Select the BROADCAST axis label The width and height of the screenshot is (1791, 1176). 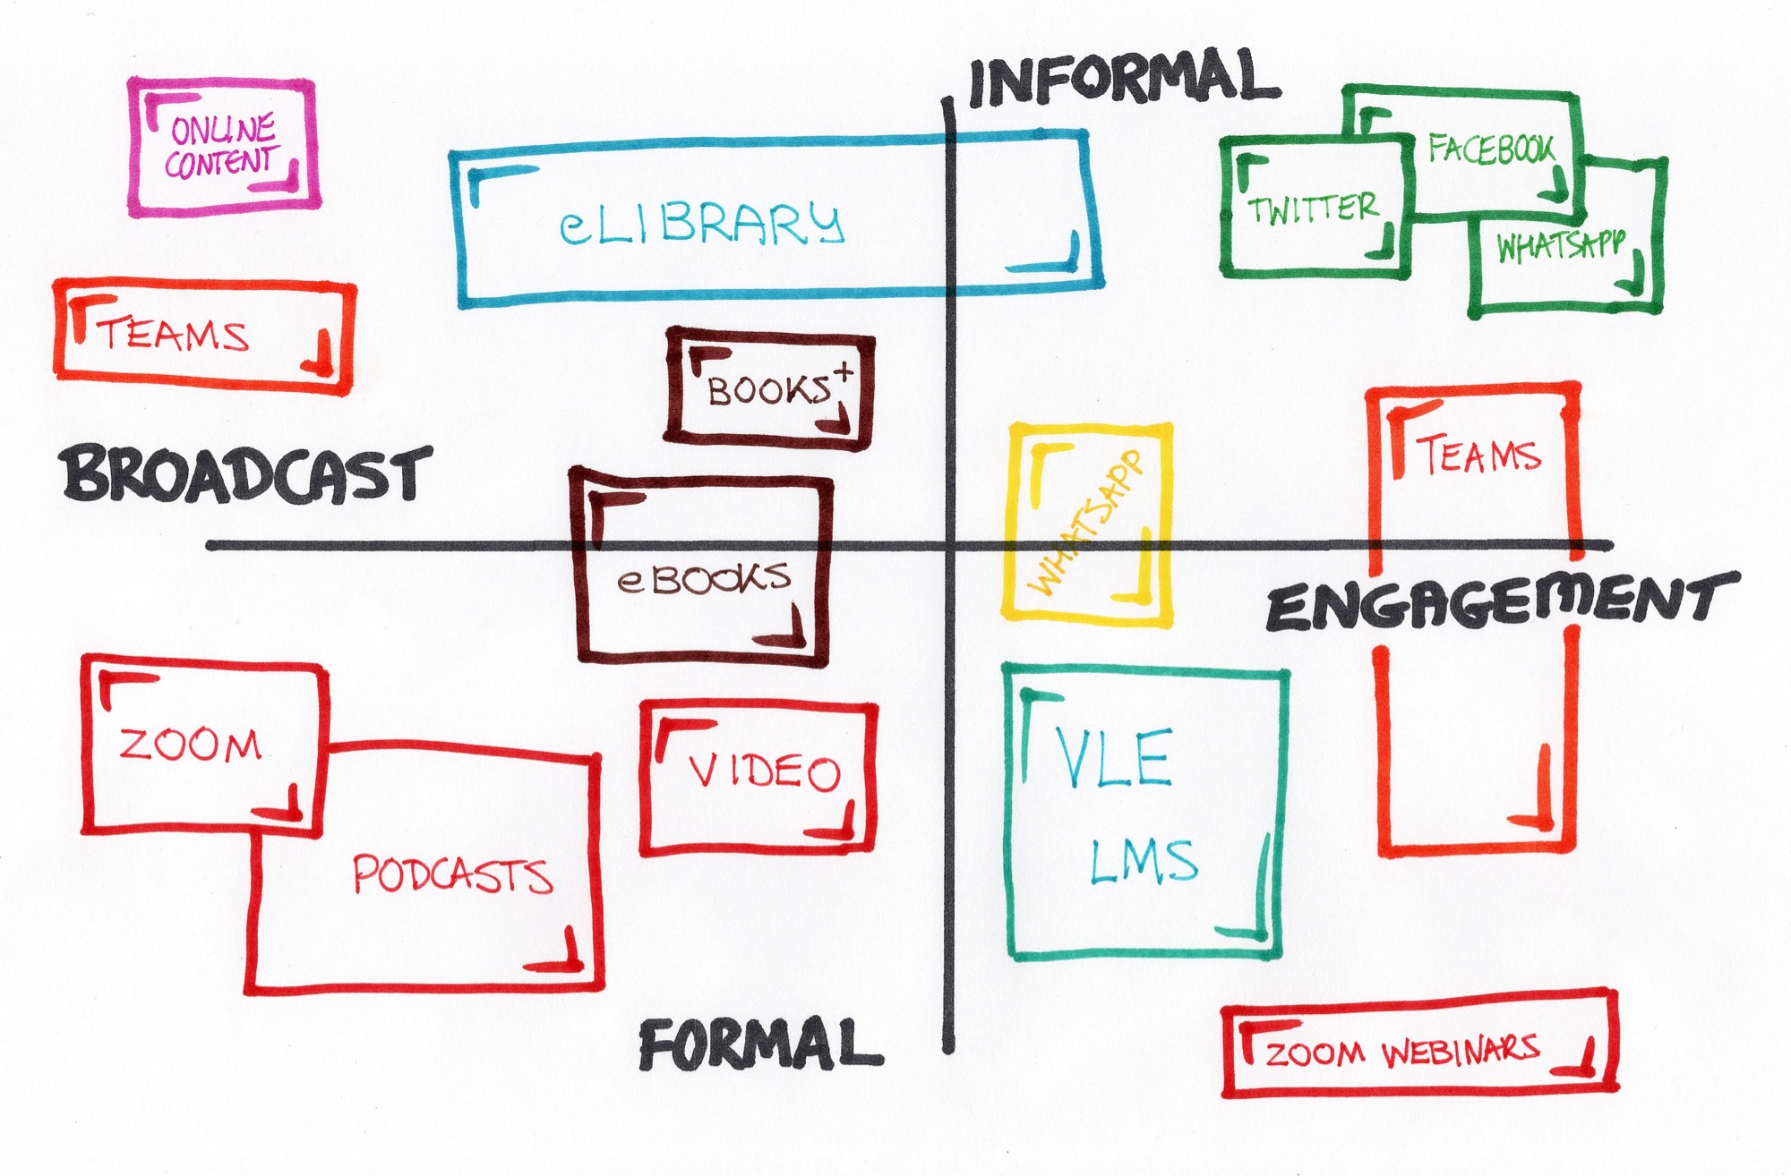(246, 474)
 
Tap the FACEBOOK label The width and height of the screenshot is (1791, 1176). (1491, 149)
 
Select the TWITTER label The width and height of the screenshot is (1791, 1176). (1313, 209)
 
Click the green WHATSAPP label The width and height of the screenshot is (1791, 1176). (1560, 245)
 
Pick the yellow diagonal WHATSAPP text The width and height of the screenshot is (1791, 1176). (1087, 524)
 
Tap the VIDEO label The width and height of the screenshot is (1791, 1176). (764, 771)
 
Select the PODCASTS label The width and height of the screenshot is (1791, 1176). (452, 874)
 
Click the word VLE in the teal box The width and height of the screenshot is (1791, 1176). (1113, 756)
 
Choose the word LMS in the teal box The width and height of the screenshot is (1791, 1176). (1144, 860)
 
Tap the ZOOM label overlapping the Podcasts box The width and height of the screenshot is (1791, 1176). (190, 745)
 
